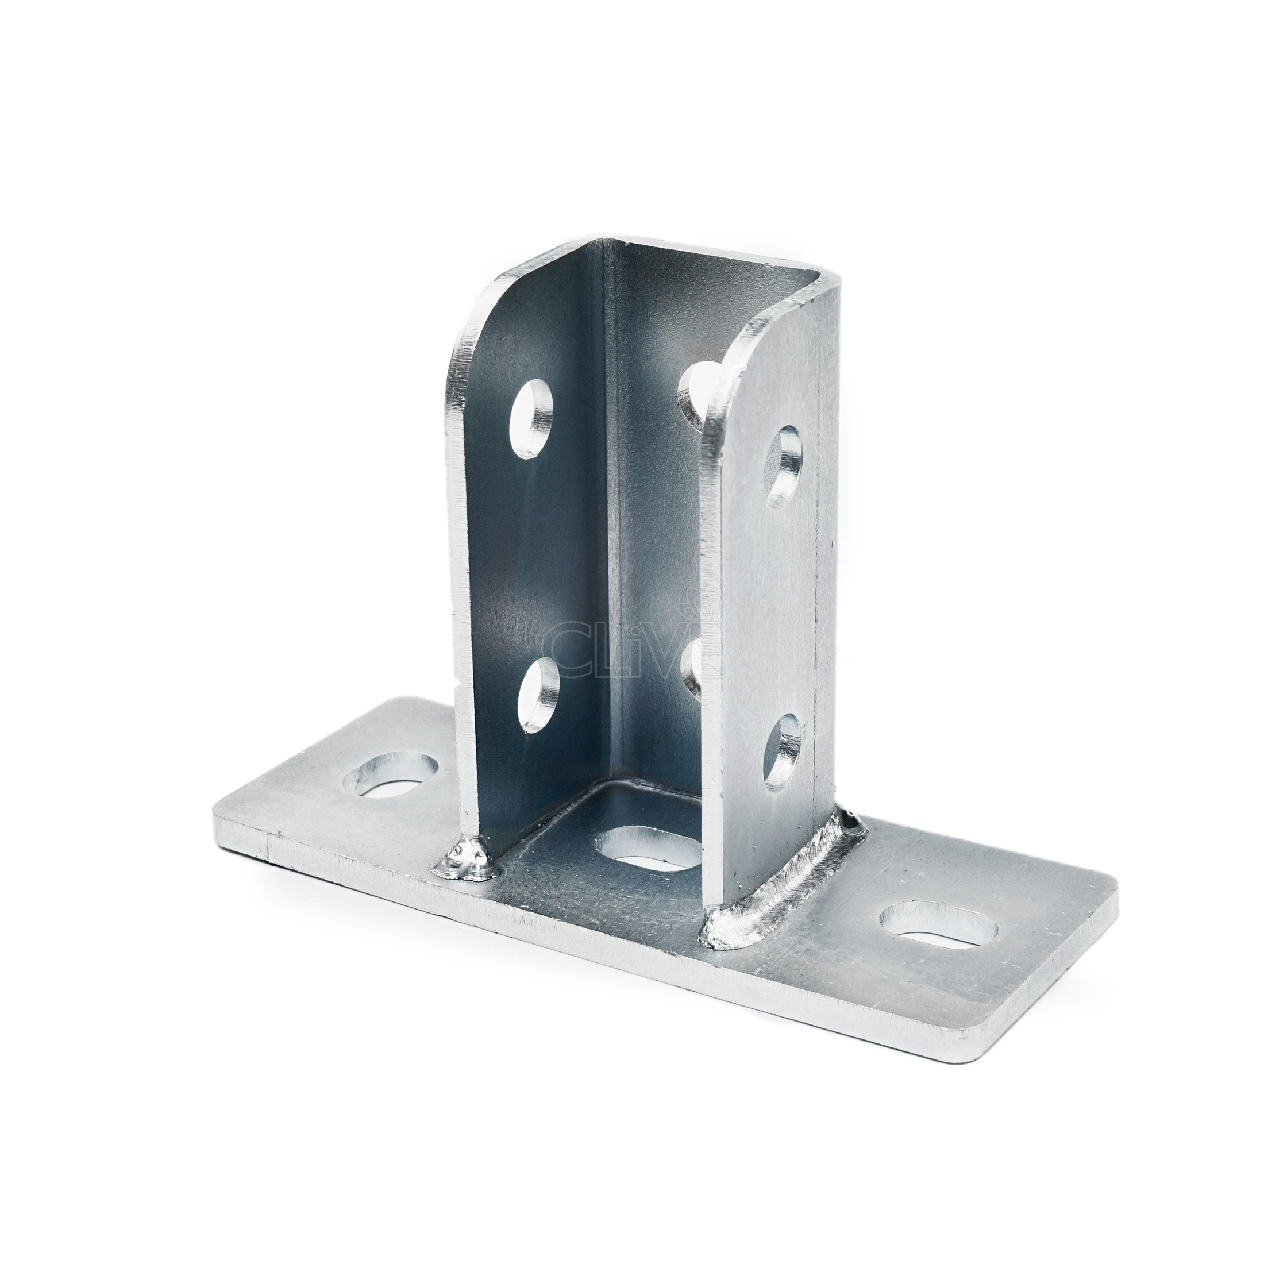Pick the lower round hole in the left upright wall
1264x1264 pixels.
click(x=539, y=695)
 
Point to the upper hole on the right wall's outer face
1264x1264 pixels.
click(x=784, y=467)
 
